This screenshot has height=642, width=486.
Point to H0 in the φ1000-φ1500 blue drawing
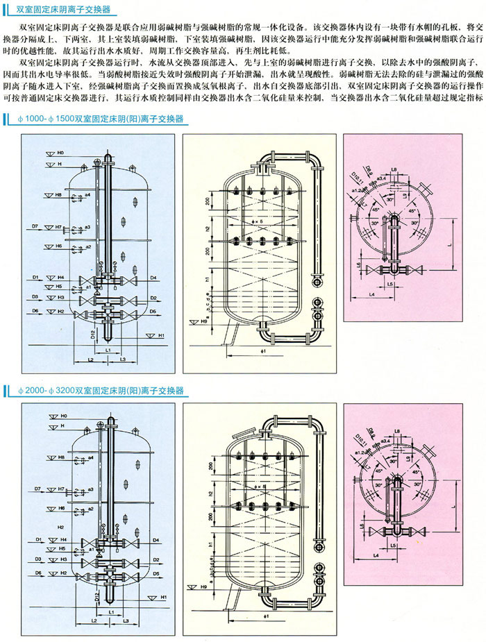pos(60,151)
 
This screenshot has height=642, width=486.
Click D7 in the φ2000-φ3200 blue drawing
pos(37,489)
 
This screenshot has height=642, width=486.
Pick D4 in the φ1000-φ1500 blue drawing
pos(153,278)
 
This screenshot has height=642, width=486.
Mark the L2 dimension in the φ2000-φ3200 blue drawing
pos(91,623)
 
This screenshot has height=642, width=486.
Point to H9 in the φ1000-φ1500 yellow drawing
pos(203,322)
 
